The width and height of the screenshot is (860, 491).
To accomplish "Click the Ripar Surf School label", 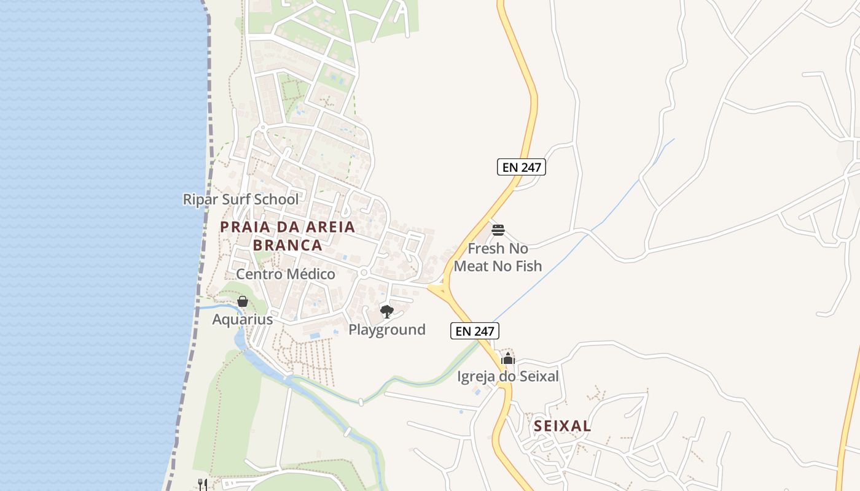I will pyautogui.click(x=241, y=199).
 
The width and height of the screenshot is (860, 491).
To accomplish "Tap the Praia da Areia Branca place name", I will pyautogui.click(x=287, y=236).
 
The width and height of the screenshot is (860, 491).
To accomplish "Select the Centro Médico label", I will pyautogui.click(x=286, y=274).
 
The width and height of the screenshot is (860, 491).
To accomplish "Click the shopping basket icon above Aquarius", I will pyautogui.click(x=243, y=301).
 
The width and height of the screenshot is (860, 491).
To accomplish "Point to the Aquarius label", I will pyautogui.click(x=243, y=320).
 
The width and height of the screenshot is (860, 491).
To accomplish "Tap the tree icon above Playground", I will pyautogui.click(x=386, y=312).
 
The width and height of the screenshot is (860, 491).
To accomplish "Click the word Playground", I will pyautogui.click(x=387, y=330).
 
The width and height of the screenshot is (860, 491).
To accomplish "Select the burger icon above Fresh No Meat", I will pyautogui.click(x=498, y=231).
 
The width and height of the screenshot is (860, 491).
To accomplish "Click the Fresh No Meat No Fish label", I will pyautogui.click(x=498, y=257).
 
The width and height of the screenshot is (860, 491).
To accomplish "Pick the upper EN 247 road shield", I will pyautogui.click(x=522, y=167).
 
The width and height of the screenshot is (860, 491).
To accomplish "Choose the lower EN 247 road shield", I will pyautogui.click(x=475, y=331).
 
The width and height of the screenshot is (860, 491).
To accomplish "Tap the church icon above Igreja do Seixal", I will pyautogui.click(x=507, y=359).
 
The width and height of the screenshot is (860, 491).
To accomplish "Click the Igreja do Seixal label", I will pyautogui.click(x=508, y=376).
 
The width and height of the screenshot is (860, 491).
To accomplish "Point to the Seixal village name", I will pyautogui.click(x=562, y=426).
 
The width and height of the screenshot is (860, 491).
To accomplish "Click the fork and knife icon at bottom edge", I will pyautogui.click(x=202, y=485).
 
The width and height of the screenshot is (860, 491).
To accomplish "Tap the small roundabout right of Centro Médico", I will pyautogui.click(x=364, y=273).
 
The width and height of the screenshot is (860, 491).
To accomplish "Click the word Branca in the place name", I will pyautogui.click(x=287, y=245).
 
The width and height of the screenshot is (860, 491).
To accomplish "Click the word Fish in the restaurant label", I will pyautogui.click(x=529, y=266).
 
